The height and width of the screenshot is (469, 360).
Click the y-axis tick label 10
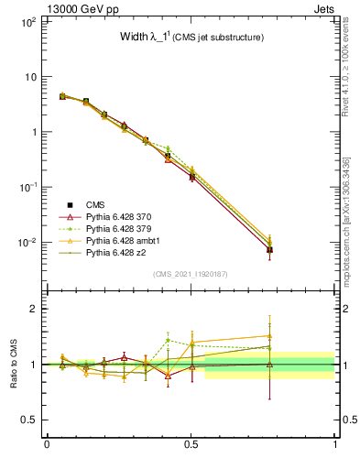(29, 77)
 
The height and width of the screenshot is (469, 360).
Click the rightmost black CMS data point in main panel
(269, 249)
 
